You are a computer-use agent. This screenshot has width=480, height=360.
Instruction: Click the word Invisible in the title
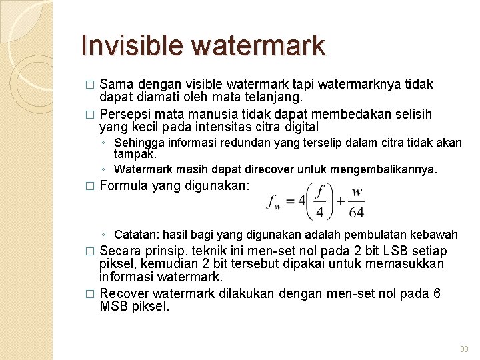[132, 45]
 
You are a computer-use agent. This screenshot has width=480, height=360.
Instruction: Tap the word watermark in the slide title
[258, 45]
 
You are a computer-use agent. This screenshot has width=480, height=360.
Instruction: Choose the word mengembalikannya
[392, 169]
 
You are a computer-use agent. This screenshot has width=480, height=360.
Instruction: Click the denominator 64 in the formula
[357, 212]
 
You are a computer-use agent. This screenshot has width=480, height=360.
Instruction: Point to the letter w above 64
[357, 192]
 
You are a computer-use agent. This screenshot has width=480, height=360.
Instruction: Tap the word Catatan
[137, 235]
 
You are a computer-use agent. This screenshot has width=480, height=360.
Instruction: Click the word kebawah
[435, 235]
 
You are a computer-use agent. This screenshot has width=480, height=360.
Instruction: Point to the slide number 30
[464, 350]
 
